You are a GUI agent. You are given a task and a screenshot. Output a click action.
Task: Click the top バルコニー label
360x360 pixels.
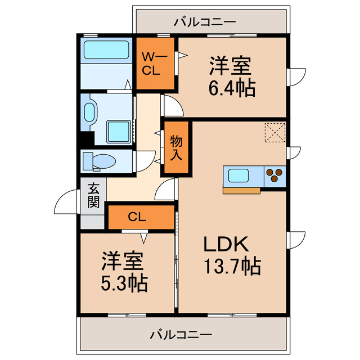point(205,22)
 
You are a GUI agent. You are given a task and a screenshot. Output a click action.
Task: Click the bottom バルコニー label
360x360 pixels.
point(181,335)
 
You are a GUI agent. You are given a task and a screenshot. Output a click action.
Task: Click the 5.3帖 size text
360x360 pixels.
point(124,282)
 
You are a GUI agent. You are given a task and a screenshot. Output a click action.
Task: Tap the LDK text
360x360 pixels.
point(226,244)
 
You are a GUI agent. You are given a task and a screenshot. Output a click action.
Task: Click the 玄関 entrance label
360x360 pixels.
point(93,196)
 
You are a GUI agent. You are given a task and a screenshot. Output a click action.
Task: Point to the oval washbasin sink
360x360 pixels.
point(90,112)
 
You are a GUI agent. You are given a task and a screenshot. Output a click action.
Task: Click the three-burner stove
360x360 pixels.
point(274,175)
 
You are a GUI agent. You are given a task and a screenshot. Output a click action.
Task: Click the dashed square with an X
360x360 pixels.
point(276,133)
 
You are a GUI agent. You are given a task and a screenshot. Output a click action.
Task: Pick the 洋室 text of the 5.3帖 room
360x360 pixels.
point(123,261)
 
